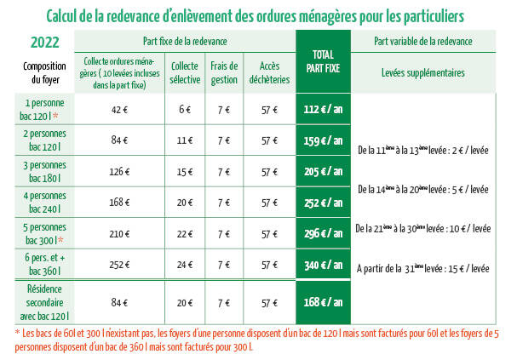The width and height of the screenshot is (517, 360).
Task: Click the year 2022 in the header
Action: [x=44, y=41]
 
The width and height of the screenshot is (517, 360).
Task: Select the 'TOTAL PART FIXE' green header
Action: [x=323, y=60]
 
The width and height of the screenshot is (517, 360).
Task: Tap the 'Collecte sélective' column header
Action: [x=185, y=73]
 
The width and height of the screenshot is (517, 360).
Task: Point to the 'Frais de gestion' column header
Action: [x=224, y=73]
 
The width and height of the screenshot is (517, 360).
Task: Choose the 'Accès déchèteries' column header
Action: [x=270, y=73]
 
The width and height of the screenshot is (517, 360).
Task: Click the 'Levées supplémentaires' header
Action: [x=423, y=73]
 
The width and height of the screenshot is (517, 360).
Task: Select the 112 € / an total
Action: [x=323, y=109]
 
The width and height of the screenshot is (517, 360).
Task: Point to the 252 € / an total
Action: [x=323, y=203]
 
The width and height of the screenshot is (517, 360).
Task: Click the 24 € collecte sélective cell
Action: [x=185, y=265]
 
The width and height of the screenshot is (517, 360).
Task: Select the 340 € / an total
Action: [x=323, y=265]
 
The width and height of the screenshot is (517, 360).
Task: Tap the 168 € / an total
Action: [x=323, y=301]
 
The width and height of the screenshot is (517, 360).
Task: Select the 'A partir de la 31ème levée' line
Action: [x=423, y=268]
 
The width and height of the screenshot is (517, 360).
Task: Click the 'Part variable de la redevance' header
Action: [x=423, y=41]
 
